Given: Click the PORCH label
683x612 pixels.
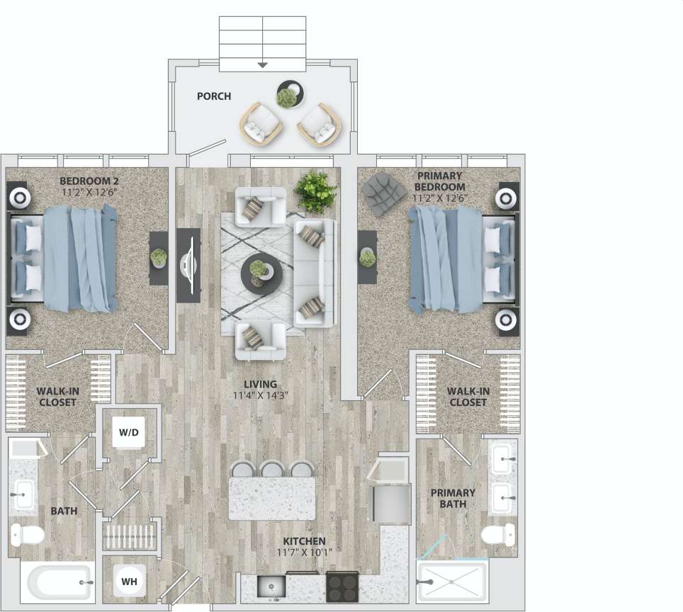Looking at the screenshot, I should click(213, 96).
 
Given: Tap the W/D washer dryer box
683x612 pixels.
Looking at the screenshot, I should click(130, 431).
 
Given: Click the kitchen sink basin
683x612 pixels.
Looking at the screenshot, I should click(270, 586).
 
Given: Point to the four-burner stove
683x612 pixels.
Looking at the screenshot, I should click(344, 586).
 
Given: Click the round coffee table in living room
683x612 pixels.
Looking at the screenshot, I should click(261, 272).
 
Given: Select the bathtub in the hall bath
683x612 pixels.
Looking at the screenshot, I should click(59, 582).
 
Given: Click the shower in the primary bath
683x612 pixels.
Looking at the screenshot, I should click(451, 582).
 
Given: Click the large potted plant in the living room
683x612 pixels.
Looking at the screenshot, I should click(315, 189).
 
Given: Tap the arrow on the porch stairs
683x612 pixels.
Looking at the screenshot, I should click(262, 64).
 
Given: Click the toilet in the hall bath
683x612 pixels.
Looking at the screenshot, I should click(27, 535).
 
